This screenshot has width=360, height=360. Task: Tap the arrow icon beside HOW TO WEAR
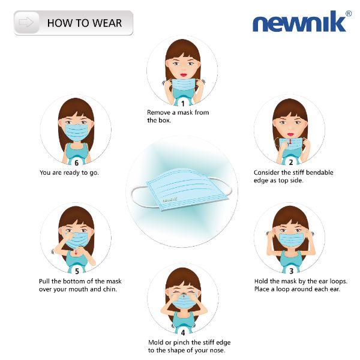pyautogui.click(x=26, y=22)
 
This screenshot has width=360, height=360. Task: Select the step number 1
pyautogui.click(x=183, y=104)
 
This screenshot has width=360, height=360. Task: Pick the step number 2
pyautogui.click(x=291, y=162)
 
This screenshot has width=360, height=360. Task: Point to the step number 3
pyautogui.click(x=291, y=271)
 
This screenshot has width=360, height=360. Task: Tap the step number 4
pyautogui.click(x=183, y=332)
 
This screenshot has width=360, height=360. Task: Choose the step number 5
pyautogui.click(x=77, y=271)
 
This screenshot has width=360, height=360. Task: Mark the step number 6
pyautogui.click(x=76, y=163)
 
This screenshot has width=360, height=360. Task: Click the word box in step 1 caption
pyautogui.click(x=166, y=121)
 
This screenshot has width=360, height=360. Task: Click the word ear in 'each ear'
pyautogui.click(x=335, y=289)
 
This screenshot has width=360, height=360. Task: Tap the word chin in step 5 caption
pyautogui.click(x=110, y=289)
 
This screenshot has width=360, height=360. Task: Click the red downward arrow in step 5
pyautogui.click(x=76, y=253)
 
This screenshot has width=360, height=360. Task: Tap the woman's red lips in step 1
pyautogui.click(x=183, y=74)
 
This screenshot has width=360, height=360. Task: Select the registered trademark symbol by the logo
pyautogui.click(x=348, y=14)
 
